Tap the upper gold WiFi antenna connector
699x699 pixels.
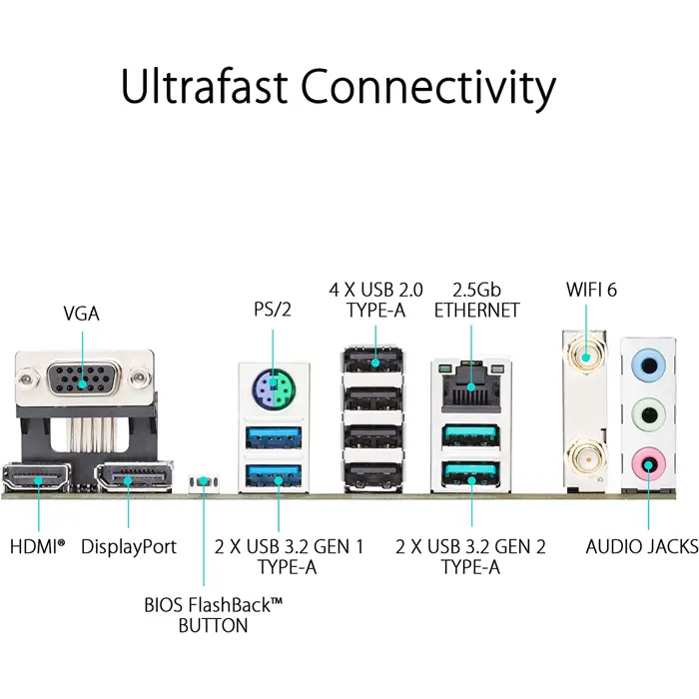[585, 352]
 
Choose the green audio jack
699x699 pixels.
[647, 411]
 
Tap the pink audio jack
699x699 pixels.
[647, 461]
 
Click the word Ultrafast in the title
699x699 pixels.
[205, 88]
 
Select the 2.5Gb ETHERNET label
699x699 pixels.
[475, 300]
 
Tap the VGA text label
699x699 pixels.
[81, 314]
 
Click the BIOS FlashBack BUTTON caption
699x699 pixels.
[214, 615]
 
